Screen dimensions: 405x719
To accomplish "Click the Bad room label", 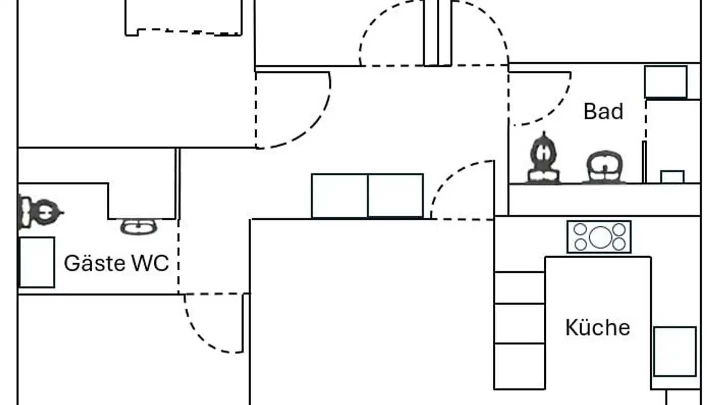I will [603, 111].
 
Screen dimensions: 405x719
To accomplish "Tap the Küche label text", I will [597, 327].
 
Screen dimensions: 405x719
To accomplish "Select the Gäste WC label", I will [116, 263].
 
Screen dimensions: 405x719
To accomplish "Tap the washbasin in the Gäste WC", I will [138, 226].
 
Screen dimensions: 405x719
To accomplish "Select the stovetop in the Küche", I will [599, 236].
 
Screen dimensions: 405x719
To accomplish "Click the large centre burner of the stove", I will [599, 236].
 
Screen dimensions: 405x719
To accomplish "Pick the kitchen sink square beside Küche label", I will [675, 351].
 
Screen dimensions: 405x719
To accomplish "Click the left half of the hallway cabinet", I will [340, 195].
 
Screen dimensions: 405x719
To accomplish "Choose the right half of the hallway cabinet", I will [395, 195].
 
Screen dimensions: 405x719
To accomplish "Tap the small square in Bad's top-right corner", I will [666, 81].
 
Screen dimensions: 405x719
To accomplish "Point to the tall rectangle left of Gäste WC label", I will [36, 262].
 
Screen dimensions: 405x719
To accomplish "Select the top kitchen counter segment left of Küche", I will [519, 287].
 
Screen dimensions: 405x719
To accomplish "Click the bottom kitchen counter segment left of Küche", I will [519, 366].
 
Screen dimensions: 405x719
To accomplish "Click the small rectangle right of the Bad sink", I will [672, 176].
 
